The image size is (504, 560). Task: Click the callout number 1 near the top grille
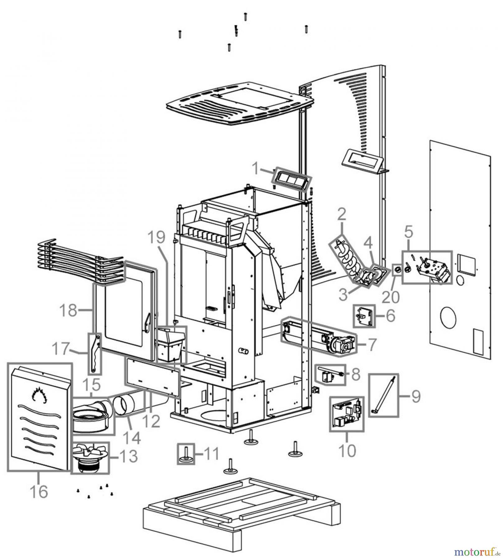click(x=255, y=169)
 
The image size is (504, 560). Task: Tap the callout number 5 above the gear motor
click(x=408, y=231)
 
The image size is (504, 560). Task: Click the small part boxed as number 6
click(x=364, y=316)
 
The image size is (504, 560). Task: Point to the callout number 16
click(x=39, y=492)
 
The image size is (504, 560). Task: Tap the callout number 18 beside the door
click(x=68, y=310)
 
